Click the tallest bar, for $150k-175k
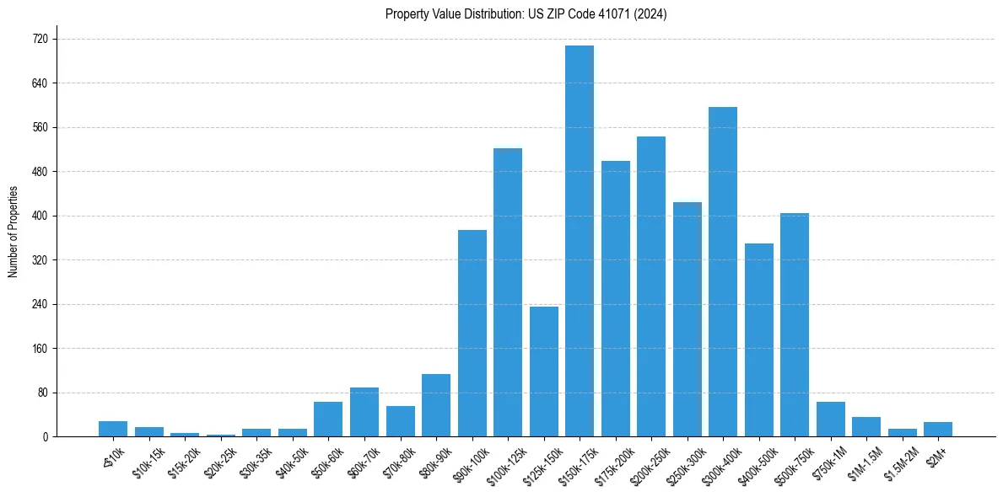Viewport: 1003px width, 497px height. click(580, 241)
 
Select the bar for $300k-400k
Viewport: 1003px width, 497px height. click(723, 271)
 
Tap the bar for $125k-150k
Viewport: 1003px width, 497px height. click(544, 371)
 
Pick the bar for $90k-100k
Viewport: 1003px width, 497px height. click(472, 333)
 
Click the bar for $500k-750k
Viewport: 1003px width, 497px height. click(795, 324)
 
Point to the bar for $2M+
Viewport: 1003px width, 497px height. click(938, 429)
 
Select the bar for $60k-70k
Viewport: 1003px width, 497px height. click(364, 412)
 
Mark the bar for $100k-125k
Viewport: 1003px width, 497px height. click(508, 292)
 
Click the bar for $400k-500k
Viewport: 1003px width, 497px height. click(759, 339)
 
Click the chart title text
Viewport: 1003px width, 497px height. click(526, 14)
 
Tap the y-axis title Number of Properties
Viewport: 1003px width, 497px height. click(13, 232)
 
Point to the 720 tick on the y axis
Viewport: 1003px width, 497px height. click(40, 40)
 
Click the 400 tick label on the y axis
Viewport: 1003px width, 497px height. click(40, 216)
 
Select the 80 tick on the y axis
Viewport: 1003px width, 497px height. click(42, 393)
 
